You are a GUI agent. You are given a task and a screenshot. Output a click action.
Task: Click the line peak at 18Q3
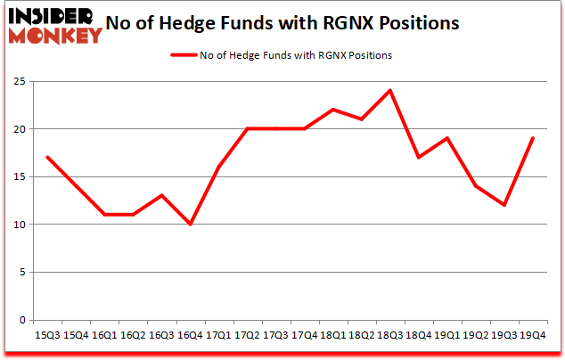389,91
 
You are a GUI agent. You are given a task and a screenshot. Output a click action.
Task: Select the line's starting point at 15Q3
47,158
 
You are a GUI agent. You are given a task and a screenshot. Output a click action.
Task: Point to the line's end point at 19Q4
531,138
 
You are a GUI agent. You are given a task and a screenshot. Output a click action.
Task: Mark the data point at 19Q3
504,205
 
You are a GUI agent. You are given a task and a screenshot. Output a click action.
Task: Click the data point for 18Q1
332,110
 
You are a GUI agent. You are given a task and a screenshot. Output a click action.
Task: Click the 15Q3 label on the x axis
47,335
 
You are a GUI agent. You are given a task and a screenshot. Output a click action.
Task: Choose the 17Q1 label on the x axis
217,335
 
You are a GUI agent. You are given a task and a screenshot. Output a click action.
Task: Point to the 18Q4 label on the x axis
418,335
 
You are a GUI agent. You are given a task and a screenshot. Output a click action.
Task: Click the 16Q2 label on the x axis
133,335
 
